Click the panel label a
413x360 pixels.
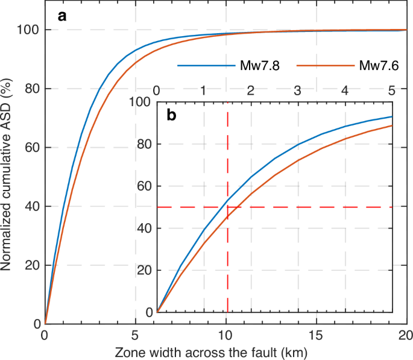62,16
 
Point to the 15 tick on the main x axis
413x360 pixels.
317,335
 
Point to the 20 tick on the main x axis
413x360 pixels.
406,335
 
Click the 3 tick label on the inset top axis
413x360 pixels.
298,90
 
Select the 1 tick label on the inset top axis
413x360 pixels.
203,90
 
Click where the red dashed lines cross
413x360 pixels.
227,207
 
